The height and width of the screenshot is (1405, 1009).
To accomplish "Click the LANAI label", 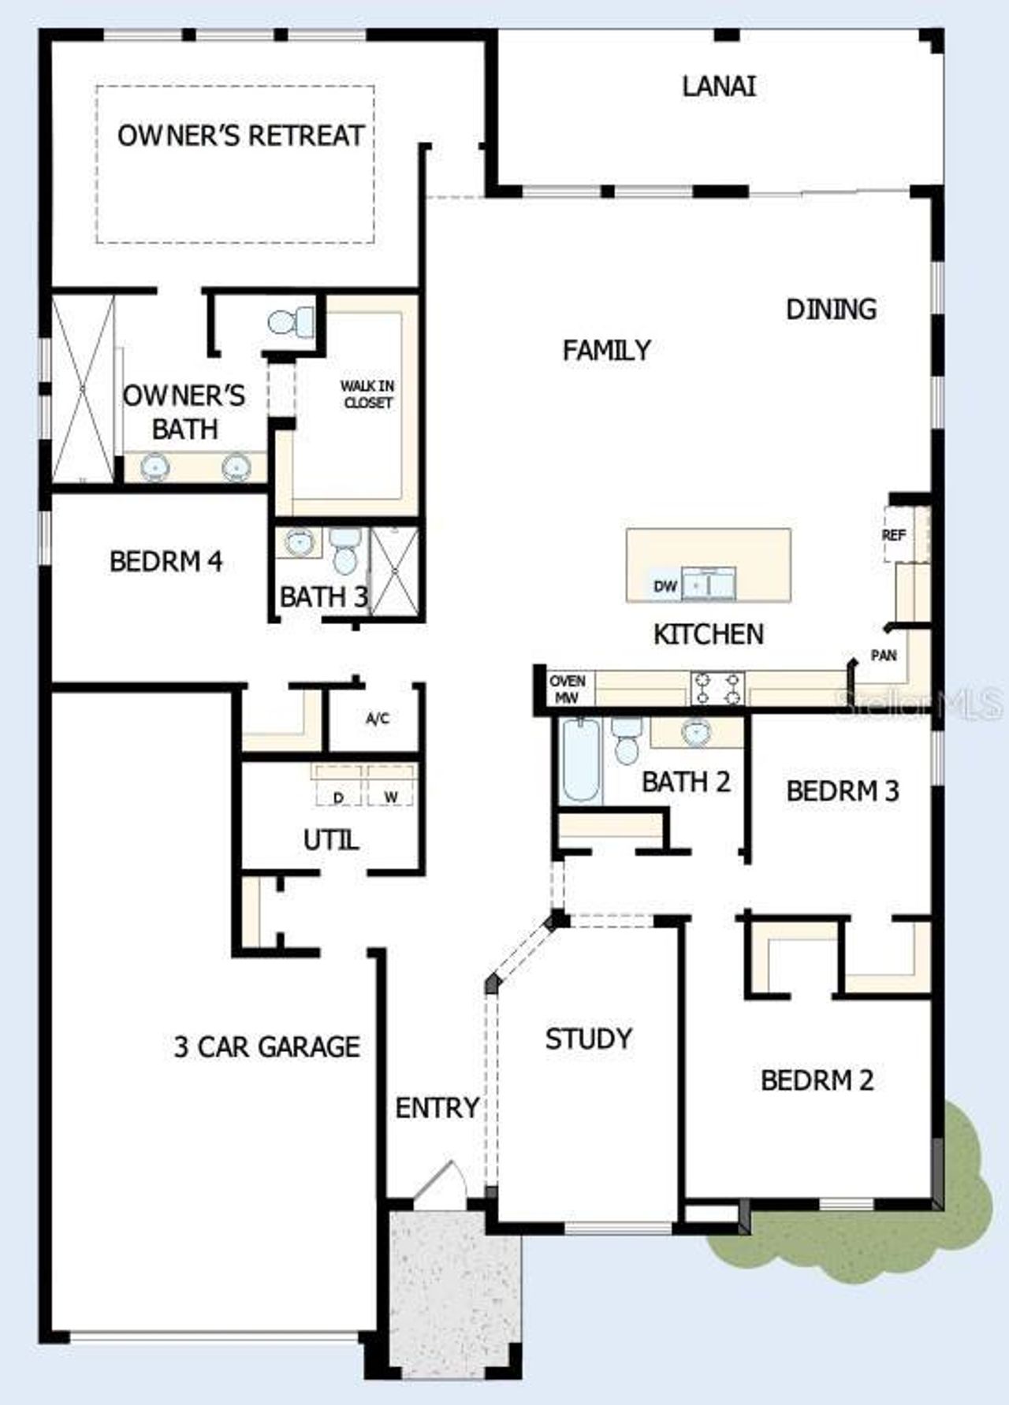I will (719, 86).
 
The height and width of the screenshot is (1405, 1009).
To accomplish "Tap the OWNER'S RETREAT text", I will (240, 136).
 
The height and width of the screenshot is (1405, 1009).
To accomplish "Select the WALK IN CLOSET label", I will (367, 394).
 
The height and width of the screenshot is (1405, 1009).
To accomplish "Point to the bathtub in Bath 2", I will (582, 760).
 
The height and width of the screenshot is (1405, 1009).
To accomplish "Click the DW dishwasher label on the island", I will (665, 586).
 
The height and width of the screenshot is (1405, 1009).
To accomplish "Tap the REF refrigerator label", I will (894, 535).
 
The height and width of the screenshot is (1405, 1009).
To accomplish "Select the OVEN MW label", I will (568, 689).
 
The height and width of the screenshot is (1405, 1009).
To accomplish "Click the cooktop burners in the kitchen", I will (717, 688).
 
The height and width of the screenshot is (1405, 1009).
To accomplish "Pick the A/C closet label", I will (377, 719).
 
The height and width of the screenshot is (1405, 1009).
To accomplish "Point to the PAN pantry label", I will (884, 655).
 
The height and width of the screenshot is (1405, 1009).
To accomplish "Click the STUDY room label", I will (589, 1039).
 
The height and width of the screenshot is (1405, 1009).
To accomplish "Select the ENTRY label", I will (437, 1108).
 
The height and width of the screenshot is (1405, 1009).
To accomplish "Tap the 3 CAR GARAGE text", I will (266, 1046).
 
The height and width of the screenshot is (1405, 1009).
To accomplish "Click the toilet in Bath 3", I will (344, 550).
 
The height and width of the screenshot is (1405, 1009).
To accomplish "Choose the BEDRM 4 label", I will (166, 562).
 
